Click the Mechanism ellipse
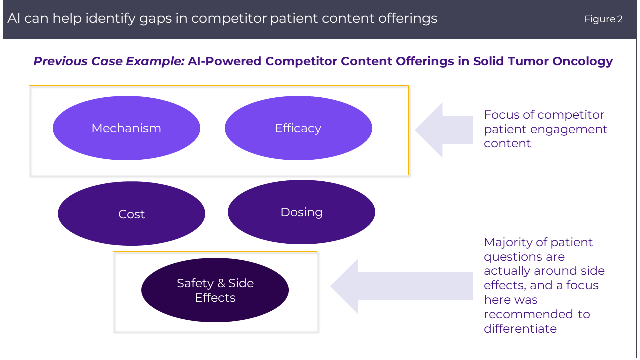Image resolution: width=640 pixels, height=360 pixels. pyautogui.click(x=126, y=128)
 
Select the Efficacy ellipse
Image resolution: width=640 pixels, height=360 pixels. pyautogui.click(x=298, y=128)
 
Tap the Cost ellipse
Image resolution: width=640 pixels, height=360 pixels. pyautogui.click(x=131, y=214)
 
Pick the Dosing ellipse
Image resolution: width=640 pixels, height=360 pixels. pyautogui.click(x=301, y=212)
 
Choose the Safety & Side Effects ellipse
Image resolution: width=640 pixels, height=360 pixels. pyautogui.click(x=215, y=290)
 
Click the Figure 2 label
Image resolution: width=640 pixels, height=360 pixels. pyautogui.click(x=603, y=19)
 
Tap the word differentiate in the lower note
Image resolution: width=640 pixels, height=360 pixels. pyautogui.click(x=520, y=329)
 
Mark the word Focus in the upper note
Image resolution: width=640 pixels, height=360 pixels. pyautogui.click(x=501, y=115)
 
